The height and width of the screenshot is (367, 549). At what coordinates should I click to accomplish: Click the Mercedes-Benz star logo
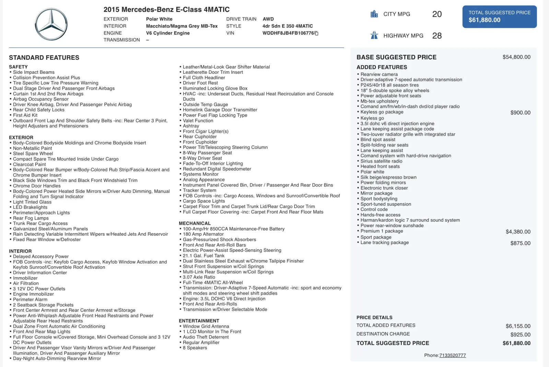pos(51,24)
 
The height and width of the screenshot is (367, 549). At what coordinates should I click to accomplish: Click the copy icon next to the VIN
pos(316,33)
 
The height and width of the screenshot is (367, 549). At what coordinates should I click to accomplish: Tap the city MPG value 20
pos(437,14)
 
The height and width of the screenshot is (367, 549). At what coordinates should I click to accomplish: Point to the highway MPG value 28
pos(437,36)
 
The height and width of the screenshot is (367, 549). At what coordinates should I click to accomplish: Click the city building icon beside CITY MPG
pos(374,14)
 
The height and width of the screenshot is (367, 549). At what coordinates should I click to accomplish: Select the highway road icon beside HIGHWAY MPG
pos(374,35)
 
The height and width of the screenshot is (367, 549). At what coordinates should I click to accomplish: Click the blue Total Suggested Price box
pos(499,16)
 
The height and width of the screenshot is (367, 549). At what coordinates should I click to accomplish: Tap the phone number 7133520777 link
pos(453,355)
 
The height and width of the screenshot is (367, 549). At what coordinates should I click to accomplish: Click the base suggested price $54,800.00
pos(516,57)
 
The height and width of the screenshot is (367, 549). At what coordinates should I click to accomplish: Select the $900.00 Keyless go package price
pos(520,113)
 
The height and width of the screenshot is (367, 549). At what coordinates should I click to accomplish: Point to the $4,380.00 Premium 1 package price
pos(518,232)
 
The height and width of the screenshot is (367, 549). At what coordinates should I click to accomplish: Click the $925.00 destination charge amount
pos(520,335)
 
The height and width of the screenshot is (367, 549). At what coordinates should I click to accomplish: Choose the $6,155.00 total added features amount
pos(518,326)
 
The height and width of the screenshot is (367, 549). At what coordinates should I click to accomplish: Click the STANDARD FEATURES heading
pos(44,58)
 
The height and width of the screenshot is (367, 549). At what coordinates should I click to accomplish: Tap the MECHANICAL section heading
pos(195,223)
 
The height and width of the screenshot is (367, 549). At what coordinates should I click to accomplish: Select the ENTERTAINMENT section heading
pos(199,321)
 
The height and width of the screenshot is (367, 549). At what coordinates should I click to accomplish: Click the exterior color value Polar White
pos(159,19)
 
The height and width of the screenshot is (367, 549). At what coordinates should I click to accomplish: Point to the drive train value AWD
pos(268,19)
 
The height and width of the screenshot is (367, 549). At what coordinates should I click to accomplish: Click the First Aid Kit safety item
pos(25,115)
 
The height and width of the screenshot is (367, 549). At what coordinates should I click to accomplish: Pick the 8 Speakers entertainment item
pos(195,348)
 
